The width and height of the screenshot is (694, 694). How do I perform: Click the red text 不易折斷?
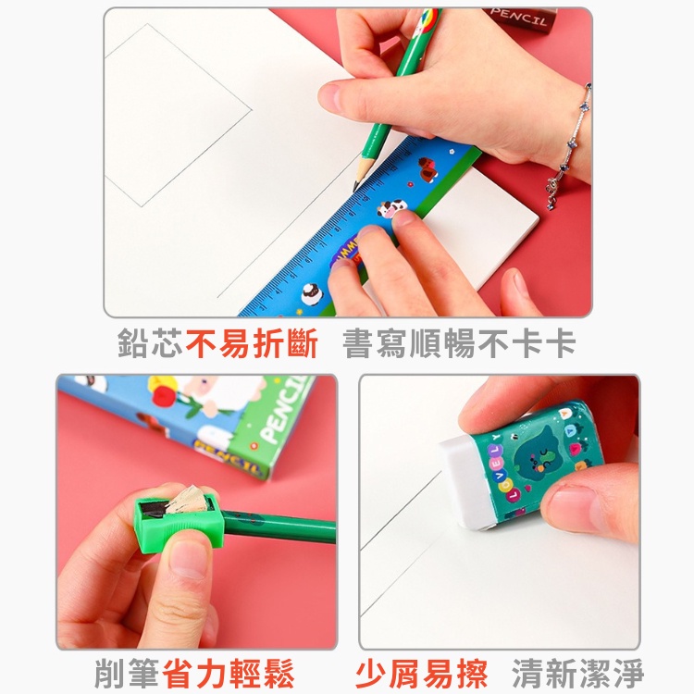252,344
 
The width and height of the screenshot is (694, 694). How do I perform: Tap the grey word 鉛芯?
150,344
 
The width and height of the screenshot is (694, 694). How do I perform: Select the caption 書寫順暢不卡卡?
459,344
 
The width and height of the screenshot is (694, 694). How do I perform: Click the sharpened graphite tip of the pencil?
356,186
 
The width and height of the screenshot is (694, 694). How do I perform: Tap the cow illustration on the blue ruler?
391,212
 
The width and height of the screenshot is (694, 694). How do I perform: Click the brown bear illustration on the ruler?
427,169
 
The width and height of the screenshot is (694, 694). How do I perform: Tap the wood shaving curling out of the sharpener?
191,497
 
